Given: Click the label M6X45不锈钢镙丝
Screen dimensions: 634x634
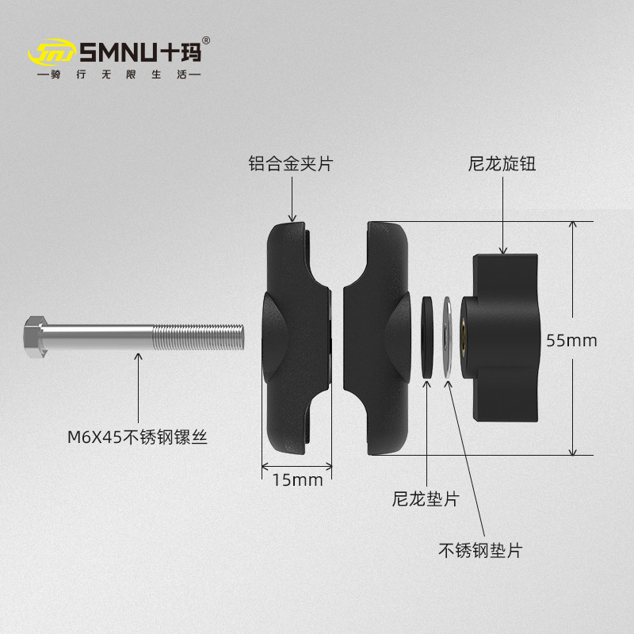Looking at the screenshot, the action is (x=137, y=436).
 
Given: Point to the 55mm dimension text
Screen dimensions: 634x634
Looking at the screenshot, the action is (x=571, y=340).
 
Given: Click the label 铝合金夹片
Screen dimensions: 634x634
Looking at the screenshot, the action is (x=291, y=164).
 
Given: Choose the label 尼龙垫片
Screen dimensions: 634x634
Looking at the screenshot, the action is (x=426, y=500).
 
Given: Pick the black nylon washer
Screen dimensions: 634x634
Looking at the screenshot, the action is (x=428, y=338).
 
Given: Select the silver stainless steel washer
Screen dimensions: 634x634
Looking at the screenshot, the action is (x=448, y=338).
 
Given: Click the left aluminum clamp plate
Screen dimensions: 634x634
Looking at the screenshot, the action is (x=295, y=338).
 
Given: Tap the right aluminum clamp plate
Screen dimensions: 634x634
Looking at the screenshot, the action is (x=376, y=338).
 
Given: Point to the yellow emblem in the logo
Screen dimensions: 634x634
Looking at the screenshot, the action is (x=52, y=53).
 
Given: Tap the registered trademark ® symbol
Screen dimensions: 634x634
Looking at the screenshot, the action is (x=206, y=40).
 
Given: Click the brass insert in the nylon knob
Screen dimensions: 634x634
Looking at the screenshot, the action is (x=462, y=338).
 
